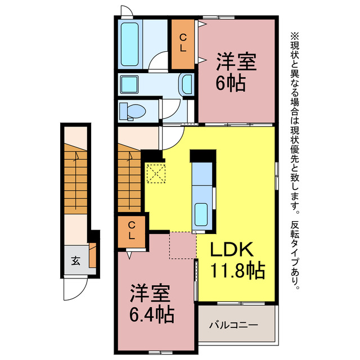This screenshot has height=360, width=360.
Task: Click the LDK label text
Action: click(x=232, y=249)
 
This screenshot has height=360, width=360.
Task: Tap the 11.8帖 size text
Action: click(x=237, y=271)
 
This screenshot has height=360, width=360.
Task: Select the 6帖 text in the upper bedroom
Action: click(x=231, y=83)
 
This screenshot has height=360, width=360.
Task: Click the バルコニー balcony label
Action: click(x=234, y=325)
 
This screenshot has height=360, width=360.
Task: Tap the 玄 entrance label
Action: click(x=75, y=261)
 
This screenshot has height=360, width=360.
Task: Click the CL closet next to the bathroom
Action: click(x=183, y=44)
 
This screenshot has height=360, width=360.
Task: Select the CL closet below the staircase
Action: click(x=132, y=232)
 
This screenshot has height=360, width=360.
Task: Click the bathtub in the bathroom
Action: click(x=129, y=44)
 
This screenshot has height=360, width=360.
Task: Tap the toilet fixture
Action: click(x=133, y=111)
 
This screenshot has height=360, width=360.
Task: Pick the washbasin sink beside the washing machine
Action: click(x=187, y=84)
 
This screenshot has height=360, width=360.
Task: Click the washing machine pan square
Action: click(x=129, y=85)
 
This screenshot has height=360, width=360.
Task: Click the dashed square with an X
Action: click(x=156, y=173)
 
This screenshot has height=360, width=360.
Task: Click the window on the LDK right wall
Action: click(x=277, y=176)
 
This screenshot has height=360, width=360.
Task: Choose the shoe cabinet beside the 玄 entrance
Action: click(x=92, y=255)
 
